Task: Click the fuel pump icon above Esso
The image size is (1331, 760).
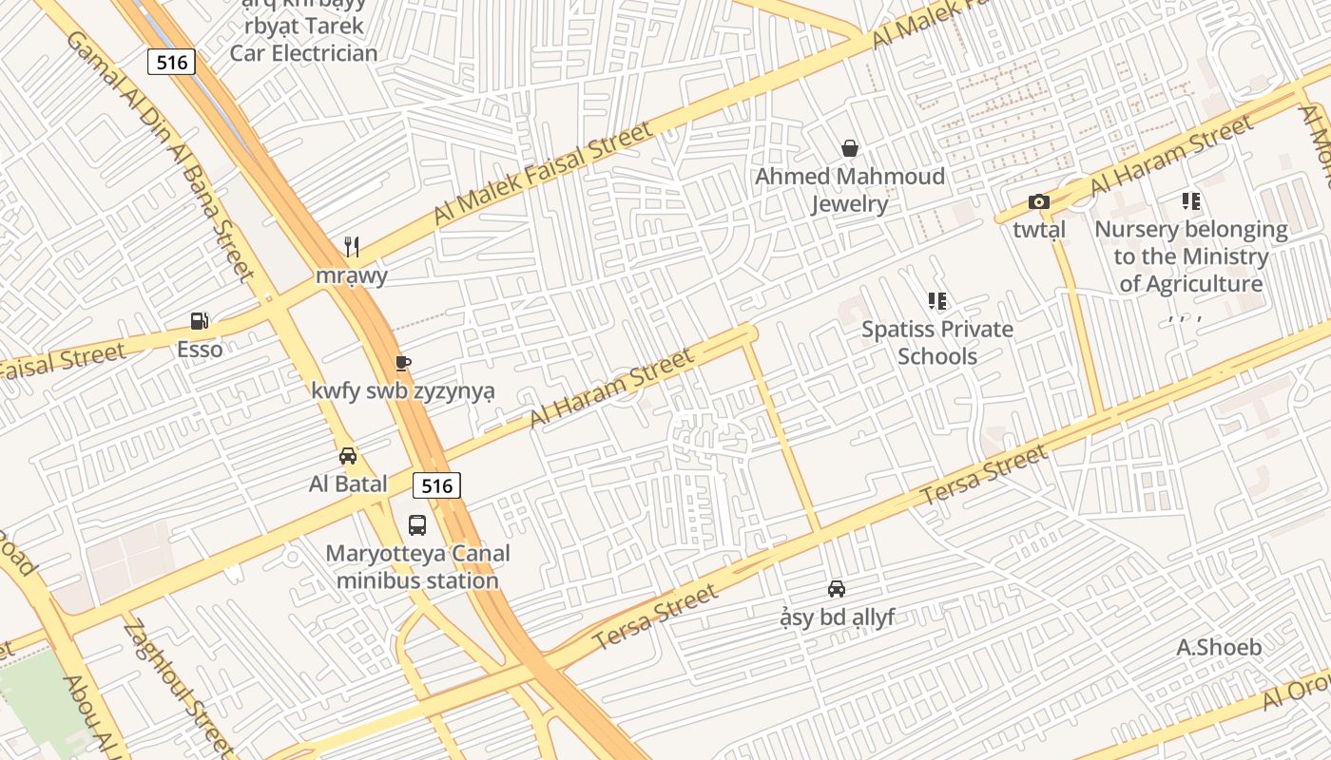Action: [x=200, y=321]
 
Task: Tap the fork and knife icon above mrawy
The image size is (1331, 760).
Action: [x=352, y=247]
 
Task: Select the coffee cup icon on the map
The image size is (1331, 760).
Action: [x=402, y=363]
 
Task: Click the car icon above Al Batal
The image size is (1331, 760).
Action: [x=348, y=455]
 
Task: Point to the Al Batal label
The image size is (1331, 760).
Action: [x=348, y=484]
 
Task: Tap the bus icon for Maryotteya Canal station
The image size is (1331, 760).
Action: [x=416, y=524]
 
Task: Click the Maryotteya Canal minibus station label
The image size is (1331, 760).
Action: [x=417, y=567]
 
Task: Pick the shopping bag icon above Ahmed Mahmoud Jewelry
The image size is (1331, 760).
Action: [x=849, y=148]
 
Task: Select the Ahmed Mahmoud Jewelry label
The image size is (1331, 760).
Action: [x=849, y=190]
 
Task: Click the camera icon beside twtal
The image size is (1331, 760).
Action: [x=1038, y=201]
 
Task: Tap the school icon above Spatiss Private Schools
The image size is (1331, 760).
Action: [x=937, y=301]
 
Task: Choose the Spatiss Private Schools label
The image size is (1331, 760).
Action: [x=937, y=343]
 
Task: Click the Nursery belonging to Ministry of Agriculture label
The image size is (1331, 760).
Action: [x=1191, y=256]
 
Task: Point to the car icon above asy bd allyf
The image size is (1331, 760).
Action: [x=837, y=589]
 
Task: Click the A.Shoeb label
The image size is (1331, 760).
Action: [x=1219, y=648]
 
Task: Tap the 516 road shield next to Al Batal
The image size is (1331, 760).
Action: [x=436, y=485]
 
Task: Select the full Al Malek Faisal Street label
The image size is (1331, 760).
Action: [x=543, y=172]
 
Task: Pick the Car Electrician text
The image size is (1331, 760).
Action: [x=303, y=53]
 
